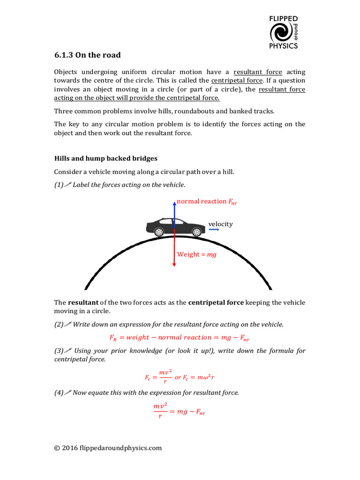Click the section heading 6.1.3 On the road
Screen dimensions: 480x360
pos(87,55)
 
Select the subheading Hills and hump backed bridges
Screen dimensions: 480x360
pos(105,158)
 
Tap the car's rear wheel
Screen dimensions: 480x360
pos(159,232)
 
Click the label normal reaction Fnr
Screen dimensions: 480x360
pos(203,202)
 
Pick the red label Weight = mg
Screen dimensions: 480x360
pos(197,255)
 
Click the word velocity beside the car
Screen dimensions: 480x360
pos(220,224)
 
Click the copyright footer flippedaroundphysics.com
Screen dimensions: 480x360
pos(108,448)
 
